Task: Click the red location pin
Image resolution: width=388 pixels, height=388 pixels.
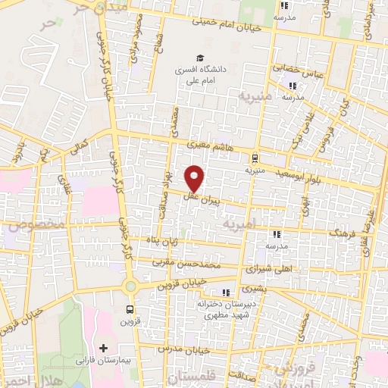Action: tap(195, 177)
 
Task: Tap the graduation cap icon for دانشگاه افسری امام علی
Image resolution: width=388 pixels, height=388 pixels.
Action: tap(199, 58)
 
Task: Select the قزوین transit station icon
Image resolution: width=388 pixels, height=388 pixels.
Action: tap(130, 309)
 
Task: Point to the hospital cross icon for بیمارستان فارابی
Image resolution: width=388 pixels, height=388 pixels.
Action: tap(103, 349)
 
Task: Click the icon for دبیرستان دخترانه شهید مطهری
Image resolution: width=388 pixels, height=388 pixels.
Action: tap(224, 293)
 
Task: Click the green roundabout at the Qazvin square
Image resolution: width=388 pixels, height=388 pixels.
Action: tap(130, 286)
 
